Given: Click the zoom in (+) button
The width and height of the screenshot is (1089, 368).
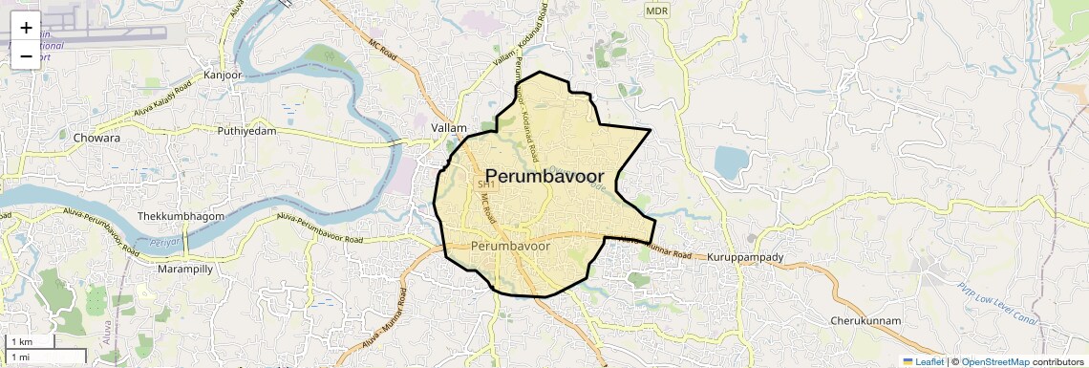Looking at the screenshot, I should coord(26,28).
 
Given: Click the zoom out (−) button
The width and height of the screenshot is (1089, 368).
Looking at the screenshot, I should coord(26,56).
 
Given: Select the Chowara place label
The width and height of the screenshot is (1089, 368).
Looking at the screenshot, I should coord(96,138).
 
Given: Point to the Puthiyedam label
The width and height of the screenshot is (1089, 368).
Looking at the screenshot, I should coord(246,131).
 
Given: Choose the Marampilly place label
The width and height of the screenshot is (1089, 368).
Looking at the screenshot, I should coord(185,270).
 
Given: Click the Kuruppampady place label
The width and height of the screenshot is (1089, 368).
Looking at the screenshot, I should coord(744,258).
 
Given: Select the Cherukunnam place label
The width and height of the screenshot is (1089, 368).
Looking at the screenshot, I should coord(866,321).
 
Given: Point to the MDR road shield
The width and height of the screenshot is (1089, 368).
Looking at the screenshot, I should coord(656,11).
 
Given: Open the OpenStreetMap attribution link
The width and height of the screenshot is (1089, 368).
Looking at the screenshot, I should coord(995,361).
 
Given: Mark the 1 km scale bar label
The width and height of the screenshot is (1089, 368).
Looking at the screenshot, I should coord(21,342).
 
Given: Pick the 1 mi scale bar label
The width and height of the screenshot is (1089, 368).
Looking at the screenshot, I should coord(19,357).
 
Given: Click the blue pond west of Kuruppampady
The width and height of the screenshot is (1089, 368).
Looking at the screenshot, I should coord(732,163).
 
